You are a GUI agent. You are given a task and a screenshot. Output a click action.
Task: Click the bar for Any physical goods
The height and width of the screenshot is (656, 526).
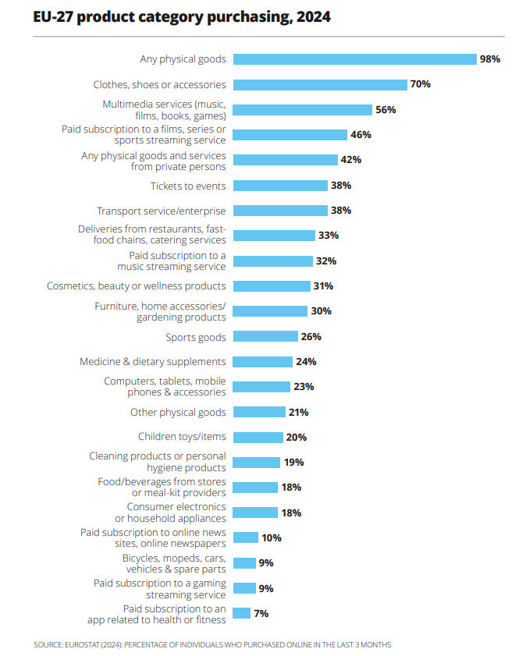click(355, 59)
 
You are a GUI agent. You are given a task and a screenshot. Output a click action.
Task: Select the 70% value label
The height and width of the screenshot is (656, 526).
click(421, 84)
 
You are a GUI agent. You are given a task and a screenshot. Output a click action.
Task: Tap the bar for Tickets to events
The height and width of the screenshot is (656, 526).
click(281, 186)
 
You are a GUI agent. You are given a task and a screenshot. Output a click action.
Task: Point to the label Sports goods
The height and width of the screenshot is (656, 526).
click(196, 337)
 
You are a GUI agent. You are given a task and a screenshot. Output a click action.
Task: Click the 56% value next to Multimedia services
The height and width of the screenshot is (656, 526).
click(386, 110)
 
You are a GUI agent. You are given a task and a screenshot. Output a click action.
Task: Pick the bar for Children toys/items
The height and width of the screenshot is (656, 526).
click(258, 437)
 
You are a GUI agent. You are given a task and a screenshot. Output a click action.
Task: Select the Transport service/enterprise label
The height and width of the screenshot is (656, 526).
click(162, 211)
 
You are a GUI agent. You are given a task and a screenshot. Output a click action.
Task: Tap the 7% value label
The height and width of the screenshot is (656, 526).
click(261, 613)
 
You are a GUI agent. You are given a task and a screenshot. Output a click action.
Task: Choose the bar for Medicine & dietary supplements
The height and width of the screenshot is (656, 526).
click(263, 362)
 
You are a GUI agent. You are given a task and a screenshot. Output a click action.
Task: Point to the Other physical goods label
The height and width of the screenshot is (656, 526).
click(178, 412)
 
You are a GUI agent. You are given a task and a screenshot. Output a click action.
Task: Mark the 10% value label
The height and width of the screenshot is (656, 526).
click(272, 537)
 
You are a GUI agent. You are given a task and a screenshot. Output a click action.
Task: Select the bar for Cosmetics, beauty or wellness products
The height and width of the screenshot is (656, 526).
click(272, 286)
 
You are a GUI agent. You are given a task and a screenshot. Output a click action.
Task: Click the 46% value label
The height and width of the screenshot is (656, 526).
click(361, 135)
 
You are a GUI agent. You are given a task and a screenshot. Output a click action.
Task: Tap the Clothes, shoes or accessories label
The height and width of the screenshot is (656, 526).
click(160, 84)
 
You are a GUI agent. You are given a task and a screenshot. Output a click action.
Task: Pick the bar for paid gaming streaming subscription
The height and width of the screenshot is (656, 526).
click(244, 588)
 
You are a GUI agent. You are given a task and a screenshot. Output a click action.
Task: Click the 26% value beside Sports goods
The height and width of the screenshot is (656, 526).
click(311, 337)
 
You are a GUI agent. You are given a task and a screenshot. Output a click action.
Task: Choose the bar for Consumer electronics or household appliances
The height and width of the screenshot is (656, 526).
click(255, 512)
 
